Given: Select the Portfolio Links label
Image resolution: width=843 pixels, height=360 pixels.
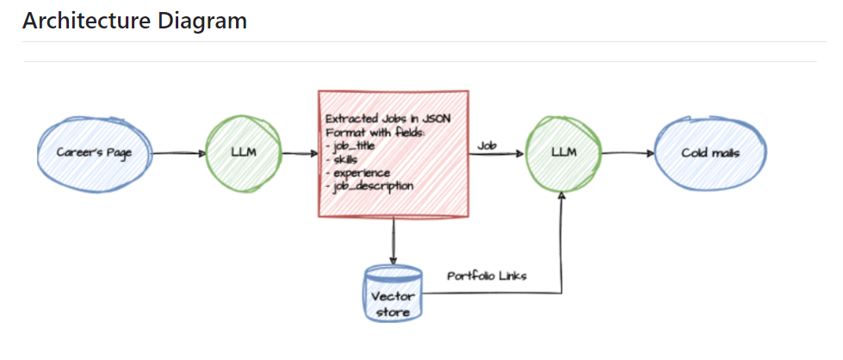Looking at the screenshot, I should pyautogui.click(x=487, y=276).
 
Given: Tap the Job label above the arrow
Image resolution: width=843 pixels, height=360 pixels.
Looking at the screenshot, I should pyautogui.click(x=486, y=146).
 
